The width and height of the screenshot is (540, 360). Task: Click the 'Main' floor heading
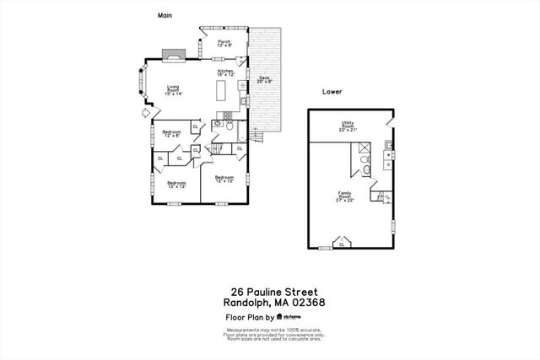pyautogui.click(x=165, y=15)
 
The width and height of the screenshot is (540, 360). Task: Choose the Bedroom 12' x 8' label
pyautogui.click(x=172, y=133)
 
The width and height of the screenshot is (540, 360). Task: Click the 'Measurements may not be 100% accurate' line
pyautogui.click(x=270, y=330)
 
